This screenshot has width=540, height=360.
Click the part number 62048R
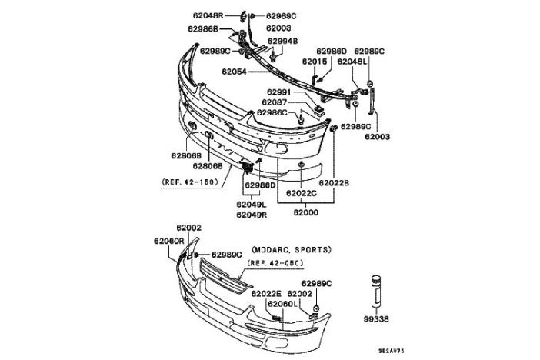(208, 15)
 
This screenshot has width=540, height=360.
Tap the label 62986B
(202, 28)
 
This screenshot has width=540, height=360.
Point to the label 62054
(237, 72)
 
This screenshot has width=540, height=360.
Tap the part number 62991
(275, 92)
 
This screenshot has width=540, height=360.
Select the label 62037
(275, 102)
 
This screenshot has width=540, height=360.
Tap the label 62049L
(251, 204)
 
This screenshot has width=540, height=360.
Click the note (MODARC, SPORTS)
(291, 250)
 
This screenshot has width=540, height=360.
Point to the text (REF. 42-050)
(274, 263)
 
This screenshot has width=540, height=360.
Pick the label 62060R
(168, 241)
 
